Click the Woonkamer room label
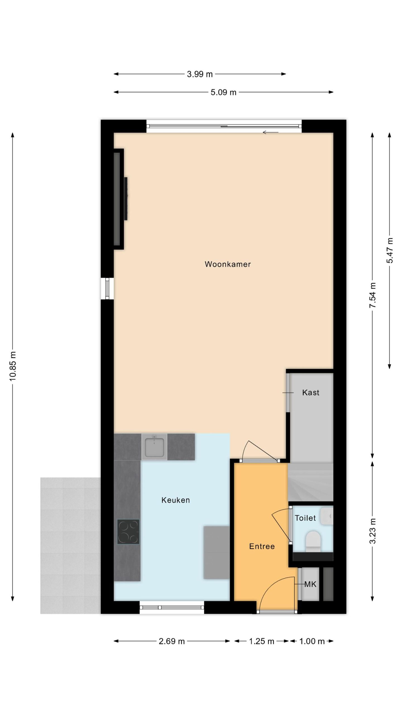coord(228,264)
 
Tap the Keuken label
coord(176,500)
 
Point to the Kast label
coord(310,392)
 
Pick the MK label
coord(310,584)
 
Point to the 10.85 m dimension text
coord(13,366)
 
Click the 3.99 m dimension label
coord(200,74)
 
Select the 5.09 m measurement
coord(223,92)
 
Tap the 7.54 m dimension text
coord(372,295)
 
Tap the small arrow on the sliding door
coord(271,132)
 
